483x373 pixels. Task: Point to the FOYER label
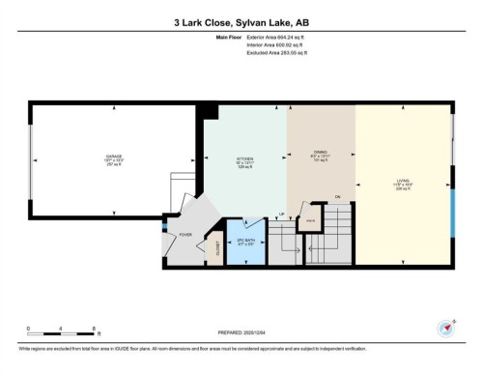click(x=185, y=234)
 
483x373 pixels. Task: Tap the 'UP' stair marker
click(x=282, y=214)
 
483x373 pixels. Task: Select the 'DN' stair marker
click(x=337, y=198)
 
